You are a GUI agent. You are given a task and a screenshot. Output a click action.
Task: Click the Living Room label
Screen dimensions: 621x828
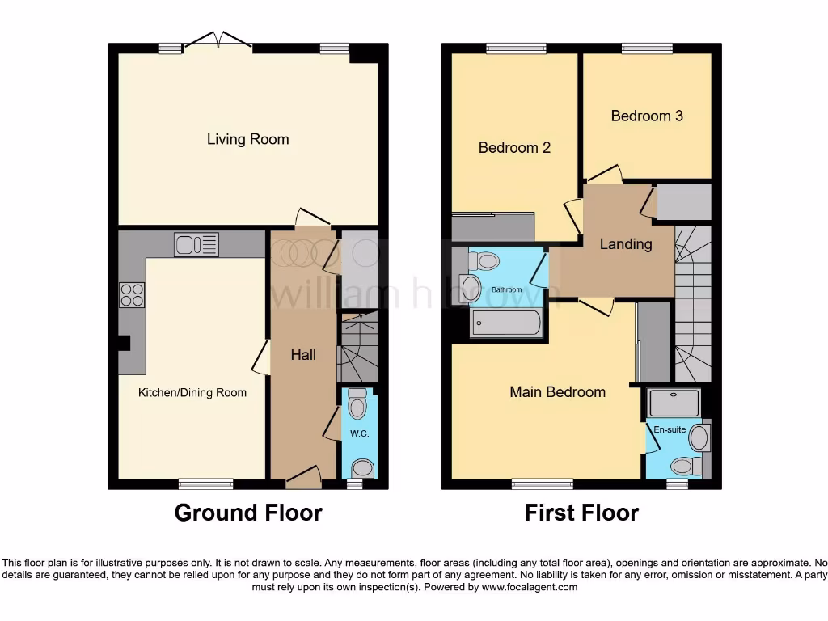point(247,139)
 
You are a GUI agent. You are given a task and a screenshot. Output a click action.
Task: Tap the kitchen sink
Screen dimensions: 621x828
point(196,244)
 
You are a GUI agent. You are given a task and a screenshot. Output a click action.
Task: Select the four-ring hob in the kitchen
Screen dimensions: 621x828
point(132,296)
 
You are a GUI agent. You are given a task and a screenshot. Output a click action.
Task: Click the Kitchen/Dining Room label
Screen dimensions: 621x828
point(192,393)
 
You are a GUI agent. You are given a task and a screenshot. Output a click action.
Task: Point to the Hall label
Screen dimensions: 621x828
point(303,355)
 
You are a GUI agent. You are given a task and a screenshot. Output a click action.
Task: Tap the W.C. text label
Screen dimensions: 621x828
point(359,434)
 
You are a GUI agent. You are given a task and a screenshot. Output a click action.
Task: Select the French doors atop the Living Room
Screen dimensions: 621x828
point(218,42)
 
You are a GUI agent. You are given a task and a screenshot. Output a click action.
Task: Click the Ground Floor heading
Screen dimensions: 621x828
point(248,513)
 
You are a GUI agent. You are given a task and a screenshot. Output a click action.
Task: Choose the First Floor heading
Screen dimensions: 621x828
point(581,513)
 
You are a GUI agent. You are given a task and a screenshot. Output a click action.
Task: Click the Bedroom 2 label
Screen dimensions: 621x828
point(514,148)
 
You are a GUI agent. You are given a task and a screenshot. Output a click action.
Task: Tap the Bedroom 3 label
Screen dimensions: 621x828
point(647,116)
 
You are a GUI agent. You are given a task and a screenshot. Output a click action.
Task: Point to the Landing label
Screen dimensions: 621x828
point(625,244)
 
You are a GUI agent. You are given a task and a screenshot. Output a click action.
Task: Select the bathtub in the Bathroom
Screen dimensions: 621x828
point(506,323)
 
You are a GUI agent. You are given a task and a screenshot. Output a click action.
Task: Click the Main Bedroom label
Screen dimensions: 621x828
point(557,392)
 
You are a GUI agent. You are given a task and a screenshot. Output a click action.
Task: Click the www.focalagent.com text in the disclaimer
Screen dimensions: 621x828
point(529,587)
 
